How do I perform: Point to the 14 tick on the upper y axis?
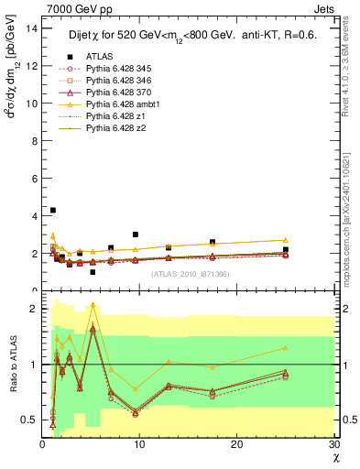pyautogui.click(x=32, y=28)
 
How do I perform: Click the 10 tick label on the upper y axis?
pyautogui.click(x=32, y=104)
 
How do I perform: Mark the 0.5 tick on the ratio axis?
pyautogui.click(x=30, y=420)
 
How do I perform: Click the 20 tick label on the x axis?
pyautogui.click(x=236, y=444)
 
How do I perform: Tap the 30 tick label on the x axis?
pyautogui.click(x=333, y=444)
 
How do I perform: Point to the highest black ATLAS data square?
pyautogui.click(x=53, y=211)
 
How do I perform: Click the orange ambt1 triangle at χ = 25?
pyautogui.click(x=286, y=240)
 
